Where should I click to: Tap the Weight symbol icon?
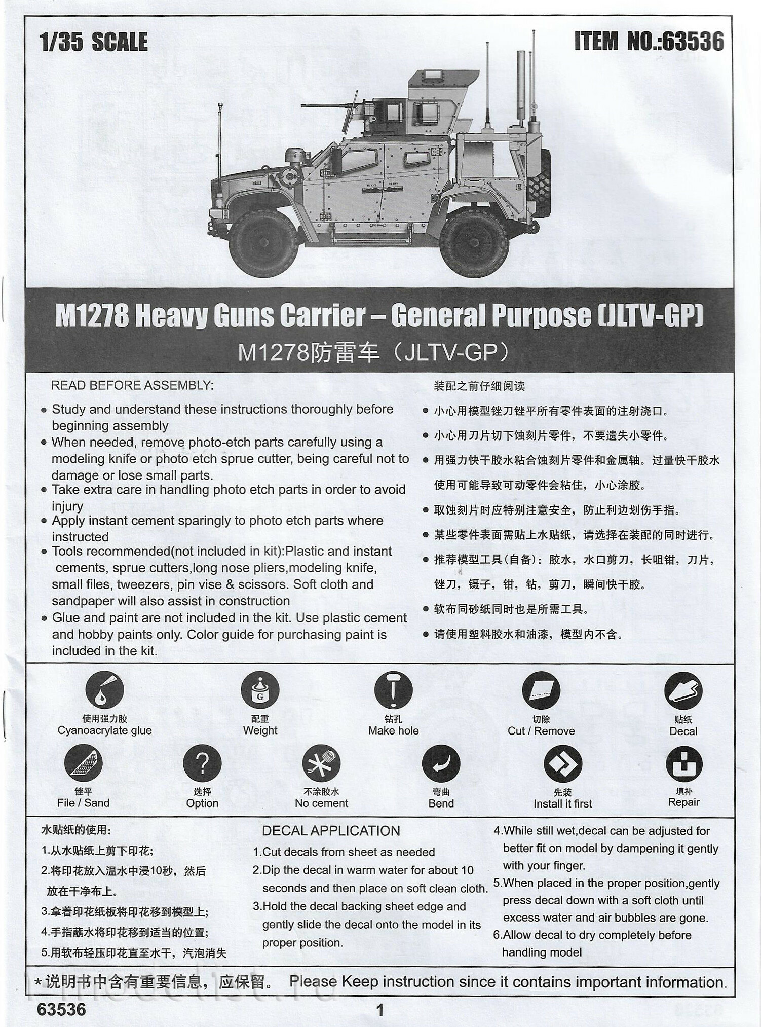260,690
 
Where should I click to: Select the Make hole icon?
393,690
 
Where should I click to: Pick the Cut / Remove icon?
541,690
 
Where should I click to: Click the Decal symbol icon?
683,690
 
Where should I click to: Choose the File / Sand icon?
84,763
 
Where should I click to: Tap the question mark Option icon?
202,763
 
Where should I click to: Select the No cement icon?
321,763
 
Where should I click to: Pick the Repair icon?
683,763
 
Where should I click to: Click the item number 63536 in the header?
693,41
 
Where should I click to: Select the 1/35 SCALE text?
94,42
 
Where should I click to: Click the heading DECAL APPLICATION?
331,831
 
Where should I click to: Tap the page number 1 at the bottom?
380,1010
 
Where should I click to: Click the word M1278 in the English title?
91,316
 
